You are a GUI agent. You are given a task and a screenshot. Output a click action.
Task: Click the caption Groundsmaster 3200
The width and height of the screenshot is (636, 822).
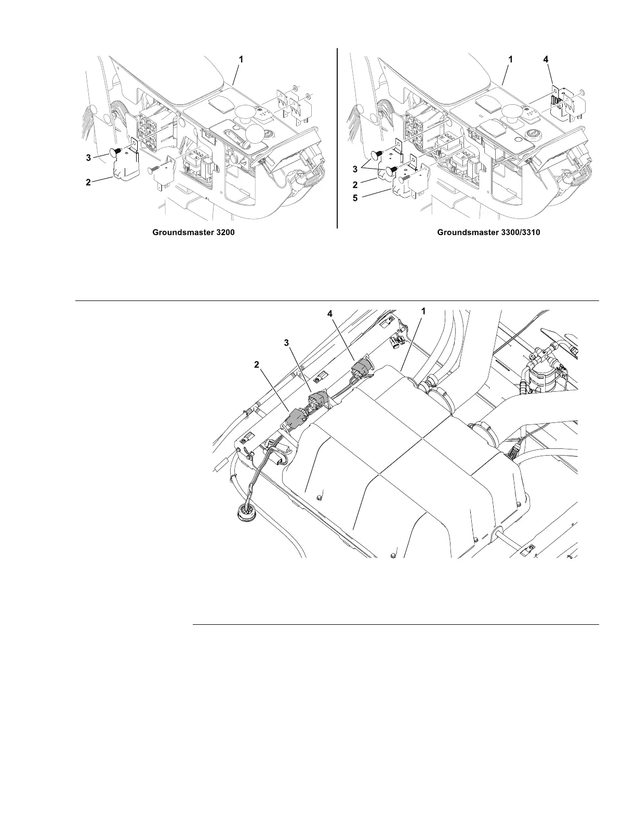[x=193, y=232]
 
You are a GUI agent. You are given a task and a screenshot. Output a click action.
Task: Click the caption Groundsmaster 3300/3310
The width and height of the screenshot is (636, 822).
[x=488, y=232]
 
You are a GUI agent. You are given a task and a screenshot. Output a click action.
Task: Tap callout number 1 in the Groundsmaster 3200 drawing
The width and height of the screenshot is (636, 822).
[x=241, y=60]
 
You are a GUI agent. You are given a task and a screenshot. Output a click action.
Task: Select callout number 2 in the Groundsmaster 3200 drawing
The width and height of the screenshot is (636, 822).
[x=88, y=182]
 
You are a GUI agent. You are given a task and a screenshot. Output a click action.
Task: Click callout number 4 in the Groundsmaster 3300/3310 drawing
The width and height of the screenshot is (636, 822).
[x=545, y=60]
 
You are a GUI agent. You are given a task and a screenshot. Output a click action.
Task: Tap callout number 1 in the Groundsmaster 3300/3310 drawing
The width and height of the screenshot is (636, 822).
[x=510, y=60]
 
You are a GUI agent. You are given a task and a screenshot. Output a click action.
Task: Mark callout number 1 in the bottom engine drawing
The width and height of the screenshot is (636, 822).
[x=423, y=311]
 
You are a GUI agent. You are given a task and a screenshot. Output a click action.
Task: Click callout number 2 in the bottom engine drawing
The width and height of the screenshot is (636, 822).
[x=256, y=364]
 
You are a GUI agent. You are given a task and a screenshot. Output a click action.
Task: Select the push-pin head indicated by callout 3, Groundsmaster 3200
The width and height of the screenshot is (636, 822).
[x=114, y=153]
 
